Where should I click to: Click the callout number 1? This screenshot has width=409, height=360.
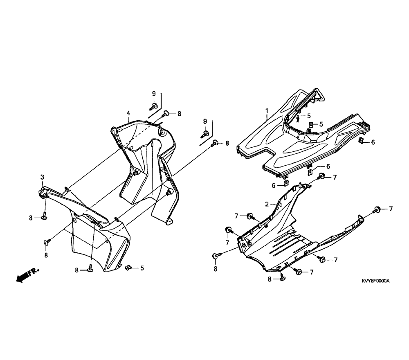point(267,111)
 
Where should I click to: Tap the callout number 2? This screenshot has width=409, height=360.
point(267,204)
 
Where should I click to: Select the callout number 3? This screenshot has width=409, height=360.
point(42,178)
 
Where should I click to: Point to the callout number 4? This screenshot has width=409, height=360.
point(128,113)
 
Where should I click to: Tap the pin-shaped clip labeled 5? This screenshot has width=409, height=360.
point(297,118)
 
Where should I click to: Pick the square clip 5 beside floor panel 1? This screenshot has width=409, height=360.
point(311,124)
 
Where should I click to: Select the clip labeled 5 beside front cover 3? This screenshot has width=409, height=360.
point(128,267)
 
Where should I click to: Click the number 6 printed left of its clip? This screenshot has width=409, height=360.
point(274,186)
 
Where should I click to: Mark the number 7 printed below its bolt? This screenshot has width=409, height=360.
point(227,242)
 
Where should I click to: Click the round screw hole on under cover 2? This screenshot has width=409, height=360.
point(243,245)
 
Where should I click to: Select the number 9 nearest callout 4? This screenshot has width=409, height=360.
point(154,94)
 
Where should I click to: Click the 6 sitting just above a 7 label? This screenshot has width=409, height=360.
point(328,166)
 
